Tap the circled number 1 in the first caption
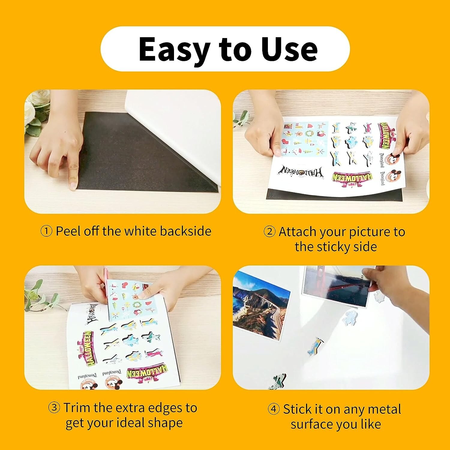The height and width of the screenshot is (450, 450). click(x=46, y=232)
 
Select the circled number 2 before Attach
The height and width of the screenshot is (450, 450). click(x=269, y=232)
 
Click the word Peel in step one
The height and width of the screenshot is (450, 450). click(x=68, y=231)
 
